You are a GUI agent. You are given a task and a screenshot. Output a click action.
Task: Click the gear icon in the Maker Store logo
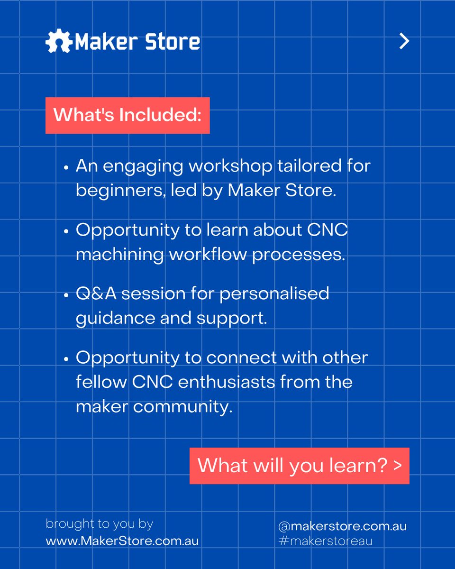pos(59,42)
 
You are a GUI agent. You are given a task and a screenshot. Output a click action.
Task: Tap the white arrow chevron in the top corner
pos(404,41)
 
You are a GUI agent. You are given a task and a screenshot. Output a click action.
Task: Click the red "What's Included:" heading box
pos(127,115)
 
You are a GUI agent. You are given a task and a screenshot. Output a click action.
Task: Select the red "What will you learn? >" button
pos(299,466)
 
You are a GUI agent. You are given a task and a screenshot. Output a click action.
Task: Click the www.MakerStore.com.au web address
pos(122,541)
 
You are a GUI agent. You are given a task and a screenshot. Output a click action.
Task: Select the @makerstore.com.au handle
pos(342,526)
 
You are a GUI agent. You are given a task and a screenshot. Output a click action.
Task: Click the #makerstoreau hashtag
pos(325,541)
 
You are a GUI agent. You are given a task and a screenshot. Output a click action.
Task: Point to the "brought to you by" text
pos(99,524)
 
